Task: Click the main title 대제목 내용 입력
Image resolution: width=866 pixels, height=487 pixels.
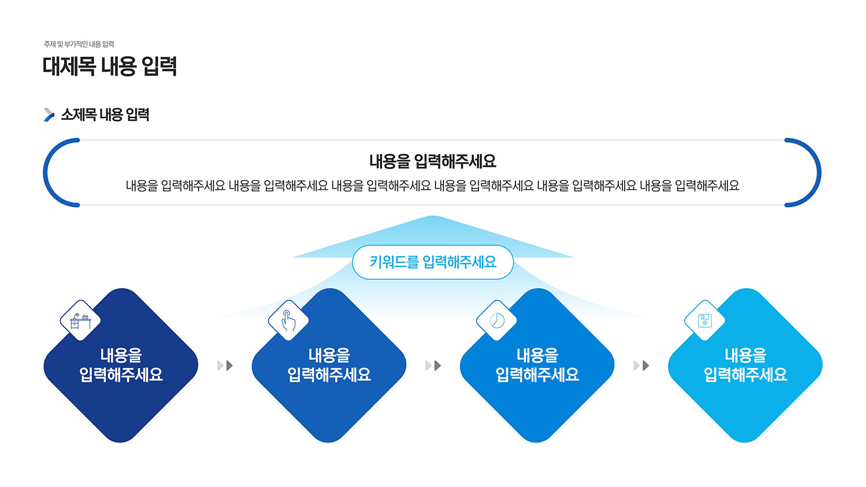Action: click(110, 66)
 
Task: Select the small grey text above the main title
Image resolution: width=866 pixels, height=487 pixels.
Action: click(79, 44)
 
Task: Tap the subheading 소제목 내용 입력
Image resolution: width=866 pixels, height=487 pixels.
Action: click(105, 115)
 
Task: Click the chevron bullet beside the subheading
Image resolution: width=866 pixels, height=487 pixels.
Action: click(48, 115)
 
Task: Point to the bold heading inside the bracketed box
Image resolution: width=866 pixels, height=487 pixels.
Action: click(432, 161)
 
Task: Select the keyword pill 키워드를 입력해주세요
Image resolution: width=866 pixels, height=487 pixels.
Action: click(433, 262)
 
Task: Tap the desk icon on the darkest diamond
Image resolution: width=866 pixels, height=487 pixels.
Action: click(80, 321)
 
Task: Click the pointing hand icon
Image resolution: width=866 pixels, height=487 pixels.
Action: click(289, 321)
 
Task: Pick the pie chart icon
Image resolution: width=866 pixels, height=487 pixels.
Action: click(497, 321)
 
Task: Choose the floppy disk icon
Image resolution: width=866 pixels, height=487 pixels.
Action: click(705, 321)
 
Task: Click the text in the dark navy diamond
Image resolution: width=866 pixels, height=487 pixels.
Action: click(121, 365)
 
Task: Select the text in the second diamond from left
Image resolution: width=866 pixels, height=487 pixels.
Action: click(329, 365)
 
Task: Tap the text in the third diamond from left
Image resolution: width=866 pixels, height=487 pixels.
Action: click(537, 365)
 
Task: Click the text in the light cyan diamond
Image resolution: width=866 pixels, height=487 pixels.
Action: click(745, 365)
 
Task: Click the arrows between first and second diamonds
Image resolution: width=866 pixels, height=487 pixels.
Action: click(225, 366)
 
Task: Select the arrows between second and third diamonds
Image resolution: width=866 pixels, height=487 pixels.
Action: click(433, 366)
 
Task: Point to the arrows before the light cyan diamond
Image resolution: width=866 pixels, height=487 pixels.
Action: click(641, 366)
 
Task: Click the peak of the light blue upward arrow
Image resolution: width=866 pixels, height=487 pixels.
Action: click(433, 216)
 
